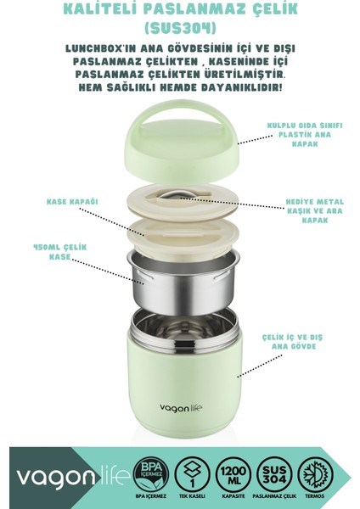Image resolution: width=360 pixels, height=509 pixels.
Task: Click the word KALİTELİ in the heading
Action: (x=98, y=8)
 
